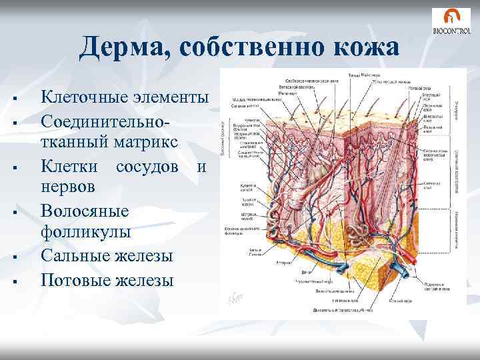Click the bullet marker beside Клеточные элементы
pyautogui.click(x=14, y=99)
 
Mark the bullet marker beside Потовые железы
pyautogui.click(x=14, y=280)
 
